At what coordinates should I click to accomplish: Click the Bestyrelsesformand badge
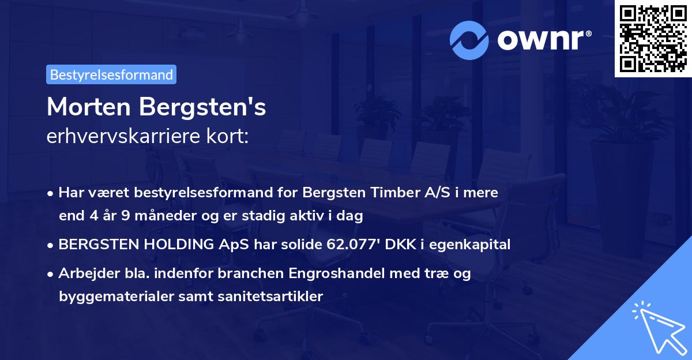point(111,74)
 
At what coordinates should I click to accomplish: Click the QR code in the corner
point(653,38)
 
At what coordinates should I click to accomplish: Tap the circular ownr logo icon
point(469,40)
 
